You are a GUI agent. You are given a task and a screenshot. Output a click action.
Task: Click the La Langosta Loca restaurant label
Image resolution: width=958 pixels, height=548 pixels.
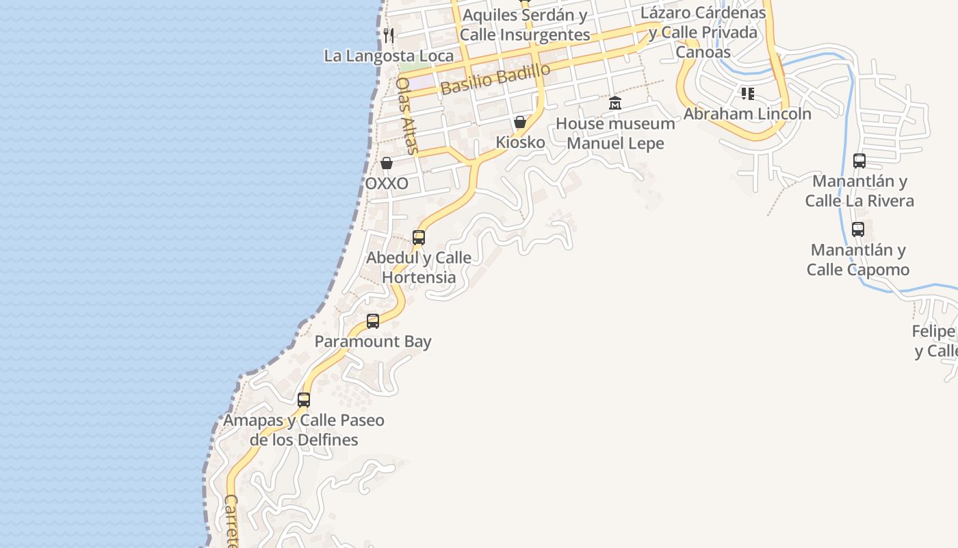pyautogui.click(x=389, y=55)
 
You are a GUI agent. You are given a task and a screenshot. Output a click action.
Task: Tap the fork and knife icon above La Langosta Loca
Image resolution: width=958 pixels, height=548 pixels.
pyautogui.click(x=389, y=35)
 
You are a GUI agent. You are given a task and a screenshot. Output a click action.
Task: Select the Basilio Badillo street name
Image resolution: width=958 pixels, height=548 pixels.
pyautogui.click(x=495, y=79)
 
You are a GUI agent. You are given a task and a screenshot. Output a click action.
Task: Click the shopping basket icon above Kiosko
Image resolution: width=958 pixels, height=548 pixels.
pyautogui.click(x=520, y=123)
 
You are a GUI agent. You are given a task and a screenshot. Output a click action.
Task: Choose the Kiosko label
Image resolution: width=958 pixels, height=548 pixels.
pyautogui.click(x=520, y=142)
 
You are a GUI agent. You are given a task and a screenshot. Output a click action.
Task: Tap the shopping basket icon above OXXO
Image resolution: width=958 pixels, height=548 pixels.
pyautogui.click(x=387, y=163)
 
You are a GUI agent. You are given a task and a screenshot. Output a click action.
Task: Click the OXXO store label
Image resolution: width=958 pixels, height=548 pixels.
pyautogui.click(x=387, y=183)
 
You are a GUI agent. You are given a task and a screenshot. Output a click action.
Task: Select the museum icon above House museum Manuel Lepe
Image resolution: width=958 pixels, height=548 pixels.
pyautogui.click(x=615, y=103)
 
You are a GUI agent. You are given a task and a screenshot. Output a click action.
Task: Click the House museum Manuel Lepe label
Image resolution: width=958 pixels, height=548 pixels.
pyautogui.click(x=615, y=134)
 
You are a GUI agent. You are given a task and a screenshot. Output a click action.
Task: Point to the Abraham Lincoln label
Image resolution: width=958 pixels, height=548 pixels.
pyautogui.click(x=747, y=114)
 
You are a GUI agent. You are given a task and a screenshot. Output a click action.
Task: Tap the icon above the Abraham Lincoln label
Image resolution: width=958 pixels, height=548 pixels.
pyautogui.click(x=747, y=93)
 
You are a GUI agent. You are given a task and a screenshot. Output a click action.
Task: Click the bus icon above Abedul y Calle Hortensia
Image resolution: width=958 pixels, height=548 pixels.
pyautogui.click(x=419, y=238)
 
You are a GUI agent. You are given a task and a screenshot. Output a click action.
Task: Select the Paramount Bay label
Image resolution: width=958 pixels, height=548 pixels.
pyautogui.click(x=373, y=341)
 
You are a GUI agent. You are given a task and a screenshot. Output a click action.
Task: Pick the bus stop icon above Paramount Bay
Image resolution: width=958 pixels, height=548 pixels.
pyautogui.click(x=373, y=321)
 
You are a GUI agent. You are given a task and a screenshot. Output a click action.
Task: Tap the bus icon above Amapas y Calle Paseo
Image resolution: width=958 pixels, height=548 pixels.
pyautogui.click(x=304, y=399)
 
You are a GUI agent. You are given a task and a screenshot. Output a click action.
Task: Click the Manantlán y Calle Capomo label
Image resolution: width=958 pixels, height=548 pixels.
pyautogui.click(x=858, y=260)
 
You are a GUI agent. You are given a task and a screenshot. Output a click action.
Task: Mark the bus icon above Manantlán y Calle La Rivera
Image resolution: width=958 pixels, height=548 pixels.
pyautogui.click(x=859, y=161)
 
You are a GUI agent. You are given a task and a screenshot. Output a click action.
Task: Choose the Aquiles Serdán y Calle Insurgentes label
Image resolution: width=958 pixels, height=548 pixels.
pyautogui.click(x=525, y=25)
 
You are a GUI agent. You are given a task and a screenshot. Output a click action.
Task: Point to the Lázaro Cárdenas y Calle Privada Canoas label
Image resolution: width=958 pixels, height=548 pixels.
pyautogui.click(x=703, y=32)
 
